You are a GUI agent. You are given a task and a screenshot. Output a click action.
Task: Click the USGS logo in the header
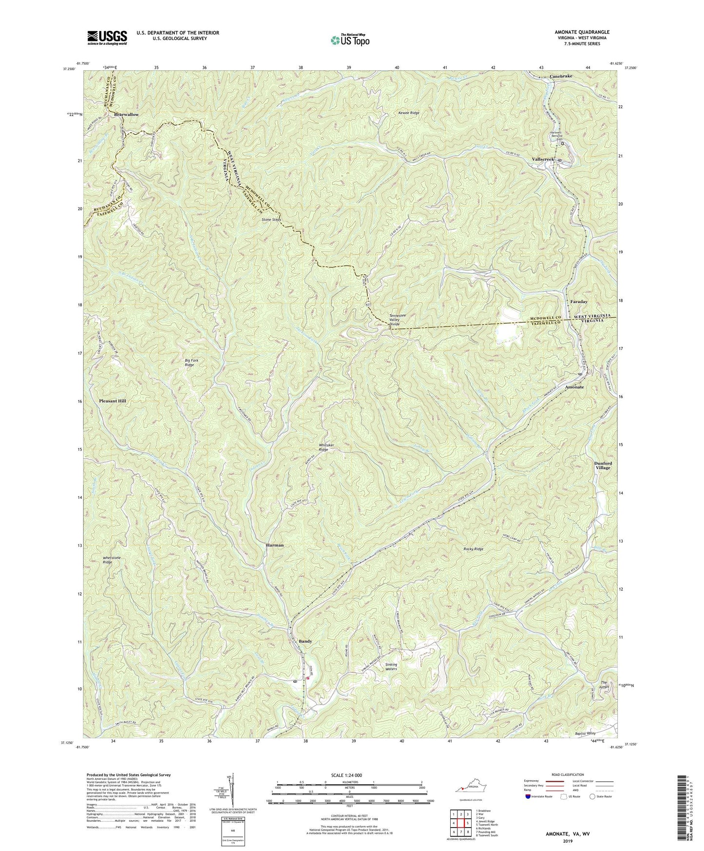coord(107,38)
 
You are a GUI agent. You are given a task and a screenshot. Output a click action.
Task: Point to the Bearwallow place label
coord(126,115)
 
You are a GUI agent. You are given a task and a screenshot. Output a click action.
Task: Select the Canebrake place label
coord(561,77)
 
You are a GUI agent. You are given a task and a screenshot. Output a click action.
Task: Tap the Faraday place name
coord(579,302)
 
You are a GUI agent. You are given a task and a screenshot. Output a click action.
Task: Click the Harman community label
coord(275,545)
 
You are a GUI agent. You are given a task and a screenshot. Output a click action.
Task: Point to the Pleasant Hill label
coord(112,401)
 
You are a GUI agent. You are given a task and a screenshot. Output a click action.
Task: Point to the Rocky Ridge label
coord(473,549)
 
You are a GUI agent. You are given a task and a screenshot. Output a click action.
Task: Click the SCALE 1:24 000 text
coord(351,775)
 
